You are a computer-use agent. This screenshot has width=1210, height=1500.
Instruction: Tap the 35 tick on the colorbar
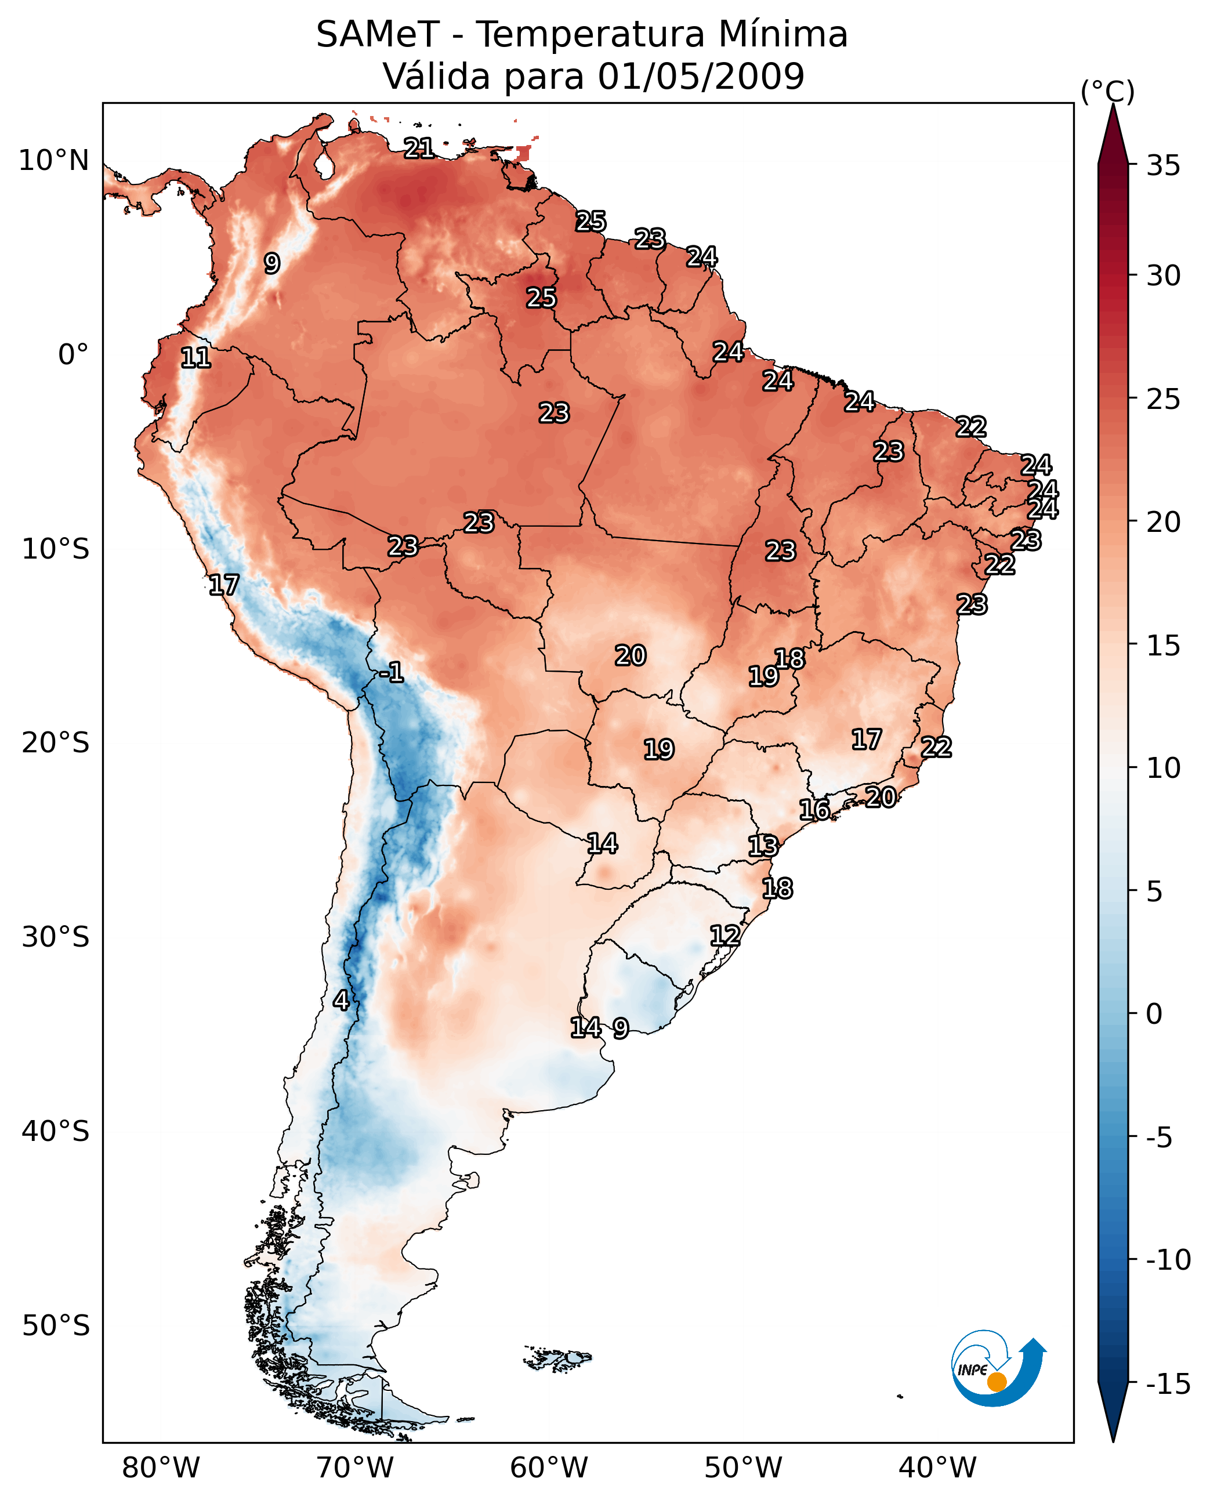pyautogui.click(x=1163, y=166)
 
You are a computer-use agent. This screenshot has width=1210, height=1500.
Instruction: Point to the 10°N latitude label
pyautogui.click(x=54, y=161)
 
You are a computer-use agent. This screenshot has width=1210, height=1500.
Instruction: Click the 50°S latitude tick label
pyautogui.click(x=56, y=1326)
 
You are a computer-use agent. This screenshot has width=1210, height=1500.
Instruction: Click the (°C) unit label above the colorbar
pyautogui.click(x=1107, y=91)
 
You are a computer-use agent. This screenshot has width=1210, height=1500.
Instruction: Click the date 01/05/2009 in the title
pyautogui.click(x=701, y=76)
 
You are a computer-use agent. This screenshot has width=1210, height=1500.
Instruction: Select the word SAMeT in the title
pyautogui.click(x=378, y=34)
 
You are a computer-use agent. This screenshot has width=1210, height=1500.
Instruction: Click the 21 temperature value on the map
pyautogui.click(x=419, y=148)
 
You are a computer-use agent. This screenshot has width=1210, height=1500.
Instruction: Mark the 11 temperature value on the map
pyautogui.click(x=196, y=358)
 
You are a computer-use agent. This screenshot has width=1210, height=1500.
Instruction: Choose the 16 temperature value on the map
pyautogui.click(x=814, y=810)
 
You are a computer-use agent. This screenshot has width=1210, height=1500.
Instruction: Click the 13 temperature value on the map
pyautogui.click(x=763, y=846)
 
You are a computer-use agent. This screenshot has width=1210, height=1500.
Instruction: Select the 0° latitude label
pyautogui.click(x=73, y=355)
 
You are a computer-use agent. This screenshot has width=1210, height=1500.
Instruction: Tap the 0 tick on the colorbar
pyautogui.click(x=1154, y=1014)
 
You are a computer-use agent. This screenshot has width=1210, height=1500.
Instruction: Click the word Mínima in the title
pyautogui.click(x=782, y=34)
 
